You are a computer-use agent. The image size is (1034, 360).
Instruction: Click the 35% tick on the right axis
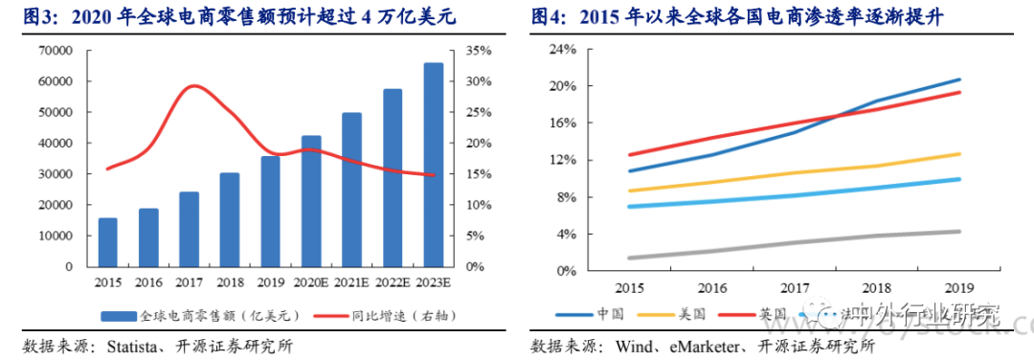(x=480, y=50)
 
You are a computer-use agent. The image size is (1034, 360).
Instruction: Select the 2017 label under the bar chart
(x=189, y=281)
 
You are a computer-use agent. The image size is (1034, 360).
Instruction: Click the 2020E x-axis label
(x=311, y=281)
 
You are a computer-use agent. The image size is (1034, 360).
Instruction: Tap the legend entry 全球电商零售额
(x=201, y=314)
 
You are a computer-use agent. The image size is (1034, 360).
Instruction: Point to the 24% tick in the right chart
(x=563, y=49)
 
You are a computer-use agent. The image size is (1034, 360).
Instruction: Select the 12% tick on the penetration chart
(x=563, y=160)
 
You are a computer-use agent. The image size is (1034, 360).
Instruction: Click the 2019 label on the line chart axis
(x=960, y=287)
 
